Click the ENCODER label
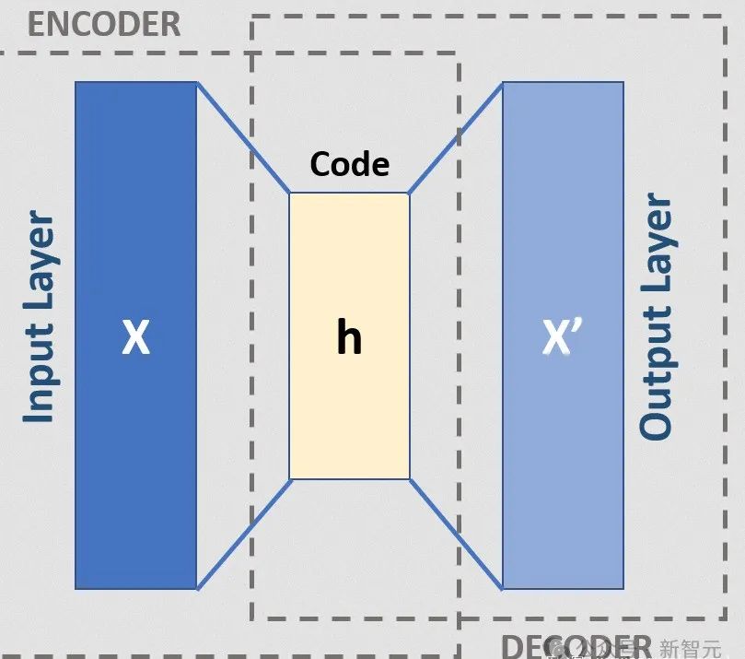point(104,23)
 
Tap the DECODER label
point(576,645)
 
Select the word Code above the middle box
point(349,164)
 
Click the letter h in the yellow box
point(349,338)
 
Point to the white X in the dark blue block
point(135,338)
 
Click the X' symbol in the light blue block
point(564,338)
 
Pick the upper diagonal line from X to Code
point(243,137)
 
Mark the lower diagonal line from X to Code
point(243,535)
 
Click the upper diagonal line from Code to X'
point(456,137)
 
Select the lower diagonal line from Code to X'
point(456,535)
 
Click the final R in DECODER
point(641,645)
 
